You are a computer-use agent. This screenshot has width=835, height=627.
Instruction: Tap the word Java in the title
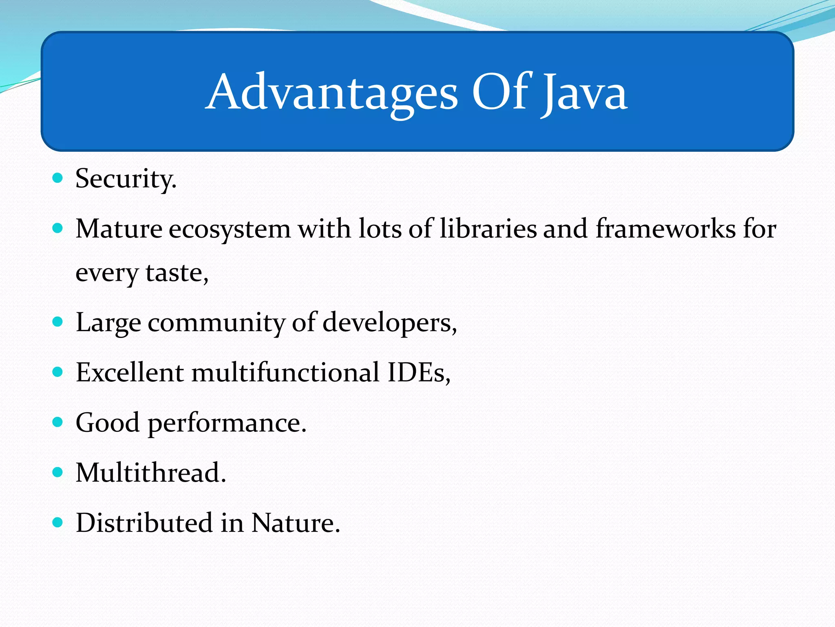point(585,93)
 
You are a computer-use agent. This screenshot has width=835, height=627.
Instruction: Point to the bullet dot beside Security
point(58,178)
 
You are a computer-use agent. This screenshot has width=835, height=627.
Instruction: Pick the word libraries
point(488,229)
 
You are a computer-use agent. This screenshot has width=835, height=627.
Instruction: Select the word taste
point(177,273)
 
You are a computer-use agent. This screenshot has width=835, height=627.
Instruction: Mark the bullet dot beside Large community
point(58,322)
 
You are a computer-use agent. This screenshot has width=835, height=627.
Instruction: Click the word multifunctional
point(286,372)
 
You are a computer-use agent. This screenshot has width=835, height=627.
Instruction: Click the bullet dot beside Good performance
point(58,422)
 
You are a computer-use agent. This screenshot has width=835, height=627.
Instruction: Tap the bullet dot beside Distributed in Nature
point(58,522)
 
